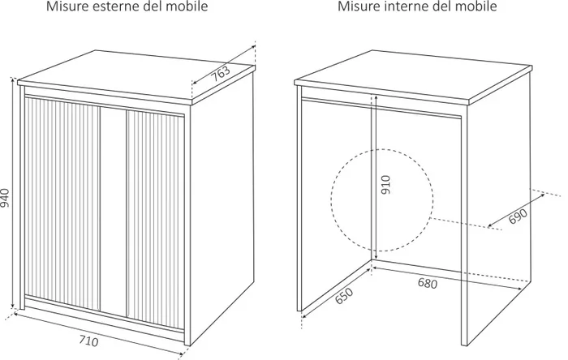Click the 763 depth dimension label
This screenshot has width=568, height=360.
click(222, 73)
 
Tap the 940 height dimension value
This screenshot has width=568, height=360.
click(6, 197)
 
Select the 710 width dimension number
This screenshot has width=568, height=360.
click(89, 341)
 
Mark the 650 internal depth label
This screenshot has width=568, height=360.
click(342, 298)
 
